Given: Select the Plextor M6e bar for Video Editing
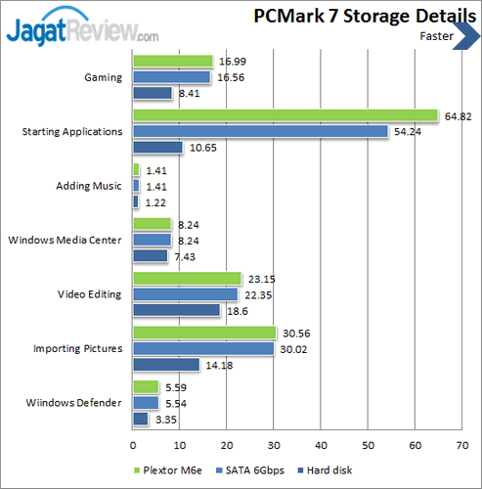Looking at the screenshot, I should [x=186, y=278].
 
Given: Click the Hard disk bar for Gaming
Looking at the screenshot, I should [x=152, y=94].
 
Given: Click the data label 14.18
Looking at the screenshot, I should [x=217, y=365].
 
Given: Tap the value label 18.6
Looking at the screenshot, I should [x=234, y=310].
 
